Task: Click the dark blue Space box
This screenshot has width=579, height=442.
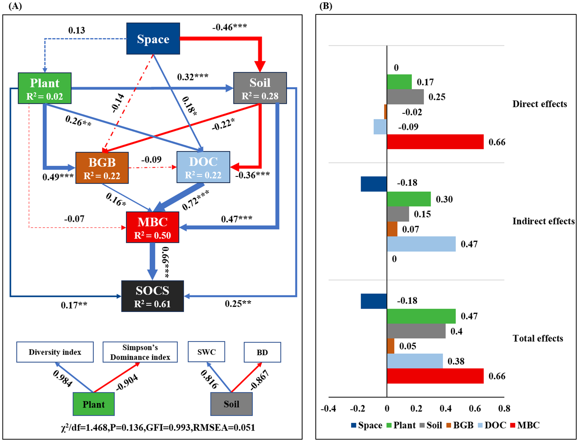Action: point(153,39)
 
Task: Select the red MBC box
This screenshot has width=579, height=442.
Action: point(152,227)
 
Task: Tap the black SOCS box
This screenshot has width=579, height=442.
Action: point(152,296)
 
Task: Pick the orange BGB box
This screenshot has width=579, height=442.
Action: point(102,168)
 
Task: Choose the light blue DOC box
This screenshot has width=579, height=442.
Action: point(203,167)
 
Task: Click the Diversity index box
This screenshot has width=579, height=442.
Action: point(55,352)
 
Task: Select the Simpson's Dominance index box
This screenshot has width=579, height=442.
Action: point(140,352)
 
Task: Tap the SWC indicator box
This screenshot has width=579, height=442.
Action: point(206,352)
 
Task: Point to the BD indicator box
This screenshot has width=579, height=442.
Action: point(262,352)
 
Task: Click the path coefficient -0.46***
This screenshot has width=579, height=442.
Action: point(229,27)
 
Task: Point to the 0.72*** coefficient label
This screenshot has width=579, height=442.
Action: point(195,200)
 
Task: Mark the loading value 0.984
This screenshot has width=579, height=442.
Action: point(63,379)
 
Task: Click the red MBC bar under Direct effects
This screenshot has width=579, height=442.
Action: point(435,142)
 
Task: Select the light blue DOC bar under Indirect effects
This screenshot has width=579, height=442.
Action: point(421,244)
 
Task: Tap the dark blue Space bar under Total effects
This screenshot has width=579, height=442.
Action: point(373,301)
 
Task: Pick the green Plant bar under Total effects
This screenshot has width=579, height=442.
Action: point(421,316)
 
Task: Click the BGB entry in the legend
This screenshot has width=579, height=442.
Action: point(459,425)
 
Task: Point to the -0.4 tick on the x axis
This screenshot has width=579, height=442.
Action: point(328,408)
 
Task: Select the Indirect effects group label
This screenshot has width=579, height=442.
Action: point(543,221)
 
